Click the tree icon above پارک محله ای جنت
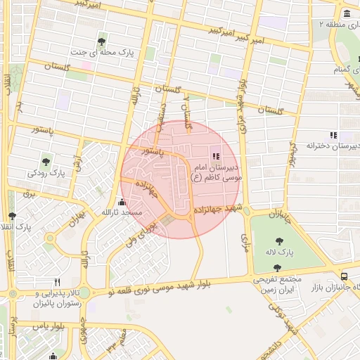(x=103, y=40)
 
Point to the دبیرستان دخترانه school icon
(x=333, y=135)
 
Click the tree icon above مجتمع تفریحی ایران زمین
(x=278, y=268)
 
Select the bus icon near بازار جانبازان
(x=344, y=276)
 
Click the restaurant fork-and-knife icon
(x=67, y=281)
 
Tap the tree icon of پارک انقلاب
(x=11, y=216)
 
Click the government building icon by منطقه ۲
(x=347, y=14)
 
